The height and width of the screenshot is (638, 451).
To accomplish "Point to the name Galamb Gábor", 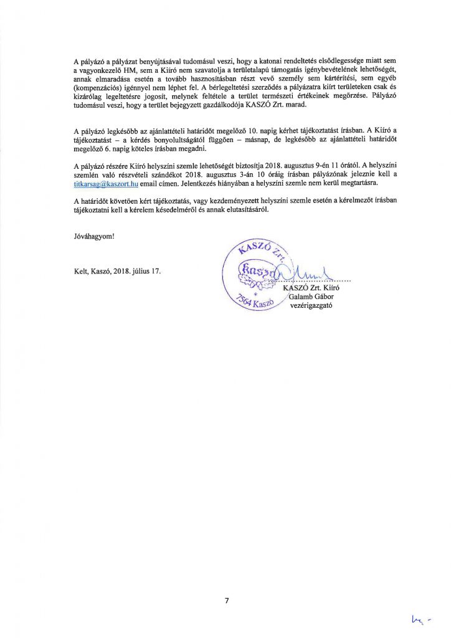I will tap(311, 296).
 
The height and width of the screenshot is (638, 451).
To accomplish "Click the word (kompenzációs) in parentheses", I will tap(99, 89).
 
